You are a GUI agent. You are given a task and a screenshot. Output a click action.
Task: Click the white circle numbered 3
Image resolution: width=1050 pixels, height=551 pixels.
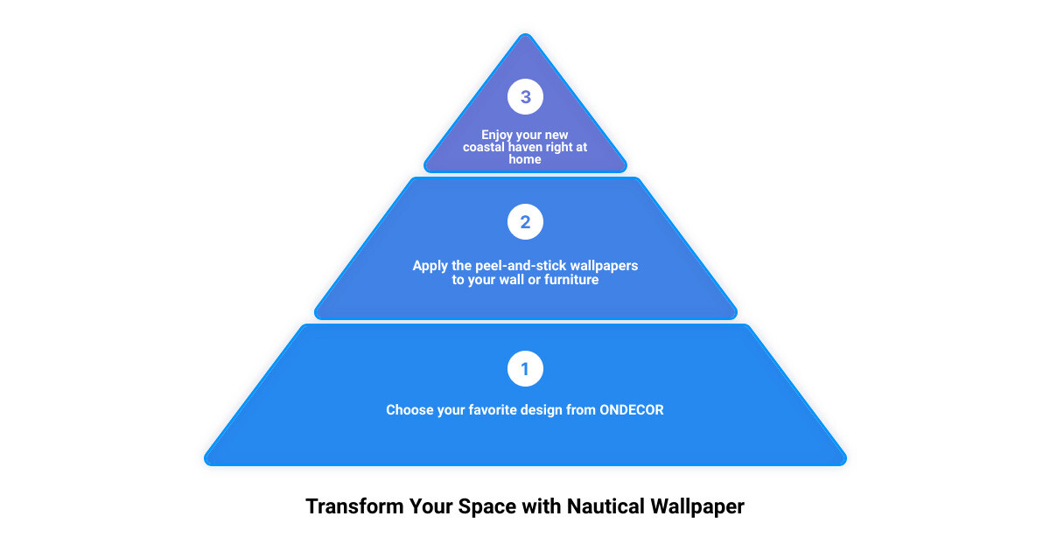coord(525,96)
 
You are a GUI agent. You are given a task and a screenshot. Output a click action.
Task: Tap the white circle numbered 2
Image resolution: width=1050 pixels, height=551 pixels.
coord(525,221)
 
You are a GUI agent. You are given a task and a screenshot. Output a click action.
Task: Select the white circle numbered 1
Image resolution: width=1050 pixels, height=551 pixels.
coord(525,369)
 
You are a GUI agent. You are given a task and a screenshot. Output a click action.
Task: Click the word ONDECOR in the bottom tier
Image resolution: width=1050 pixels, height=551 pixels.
coord(632,410)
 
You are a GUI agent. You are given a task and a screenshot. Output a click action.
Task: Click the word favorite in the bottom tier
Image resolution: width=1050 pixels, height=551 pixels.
coord(492,410)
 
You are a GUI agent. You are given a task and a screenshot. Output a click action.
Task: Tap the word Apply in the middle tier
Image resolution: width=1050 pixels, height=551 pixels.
coord(430,266)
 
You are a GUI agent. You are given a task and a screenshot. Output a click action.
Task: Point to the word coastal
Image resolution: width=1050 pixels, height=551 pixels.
coord(484,147)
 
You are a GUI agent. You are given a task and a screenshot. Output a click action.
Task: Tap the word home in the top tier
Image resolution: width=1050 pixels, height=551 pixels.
coord(525,159)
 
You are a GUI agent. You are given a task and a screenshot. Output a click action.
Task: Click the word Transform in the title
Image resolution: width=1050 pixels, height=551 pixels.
coord(354,506)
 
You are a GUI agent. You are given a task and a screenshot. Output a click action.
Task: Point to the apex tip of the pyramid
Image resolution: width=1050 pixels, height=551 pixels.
coord(526,34)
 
